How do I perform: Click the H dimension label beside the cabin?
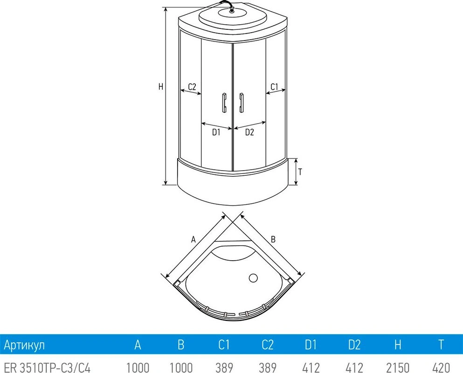(x=161, y=87)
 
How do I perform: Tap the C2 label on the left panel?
(x=192, y=87)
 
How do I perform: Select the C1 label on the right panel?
(x=274, y=87)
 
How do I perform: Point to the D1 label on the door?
(x=216, y=132)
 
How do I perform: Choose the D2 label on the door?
(x=249, y=132)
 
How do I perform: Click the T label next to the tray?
(x=300, y=172)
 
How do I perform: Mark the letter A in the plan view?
(x=193, y=239)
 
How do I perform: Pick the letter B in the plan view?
(x=273, y=239)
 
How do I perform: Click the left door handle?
(x=224, y=103)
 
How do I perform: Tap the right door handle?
(x=242, y=103)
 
